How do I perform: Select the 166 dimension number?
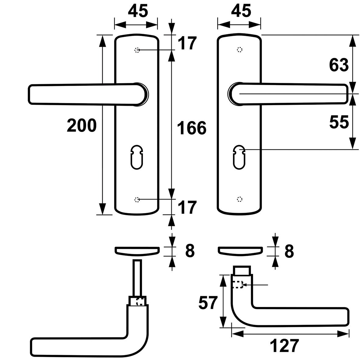[192, 128]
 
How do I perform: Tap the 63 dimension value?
[339, 65]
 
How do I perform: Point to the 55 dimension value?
[339, 123]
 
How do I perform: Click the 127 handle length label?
[284, 346]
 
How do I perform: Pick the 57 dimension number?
[209, 303]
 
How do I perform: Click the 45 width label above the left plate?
[138, 11]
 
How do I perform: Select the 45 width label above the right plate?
[241, 11]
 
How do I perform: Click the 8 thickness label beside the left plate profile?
[190, 251]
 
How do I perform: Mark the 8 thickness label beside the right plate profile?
[289, 251]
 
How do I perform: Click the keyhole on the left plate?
[137, 157]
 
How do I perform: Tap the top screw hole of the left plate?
[137, 50]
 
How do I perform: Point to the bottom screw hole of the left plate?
[137, 199]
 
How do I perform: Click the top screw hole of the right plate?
[240, 50]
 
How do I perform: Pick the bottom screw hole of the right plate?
[240, 199]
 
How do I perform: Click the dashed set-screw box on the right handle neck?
[237, 284]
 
